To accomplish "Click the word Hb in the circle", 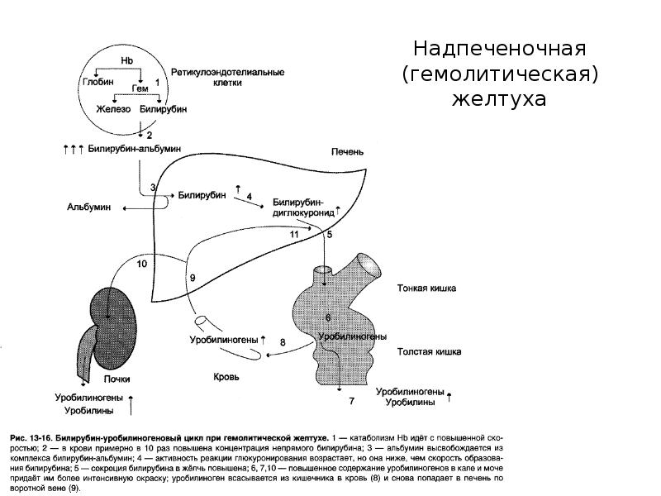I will pyautogui.click(x=126, y=61).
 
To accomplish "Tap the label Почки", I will pyautogui.click(x=117, y=379).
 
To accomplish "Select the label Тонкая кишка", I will pyautogui.click(x=426, y=289).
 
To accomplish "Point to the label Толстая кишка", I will pyautogui.click(x=429, y=351).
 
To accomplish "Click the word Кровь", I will pyautogui.click(x=225, y=376).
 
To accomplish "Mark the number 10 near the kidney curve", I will pyautogui.click(x=141, y=264).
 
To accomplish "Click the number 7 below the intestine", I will pyautogui.click(x=351, y=401).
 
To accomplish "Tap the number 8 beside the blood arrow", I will pyautogui.click(x=283, y=342).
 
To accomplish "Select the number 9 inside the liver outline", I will pyautogui.click(x=193, y=278).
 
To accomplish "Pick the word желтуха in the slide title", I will pyautogui.click(x=499, y=99).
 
